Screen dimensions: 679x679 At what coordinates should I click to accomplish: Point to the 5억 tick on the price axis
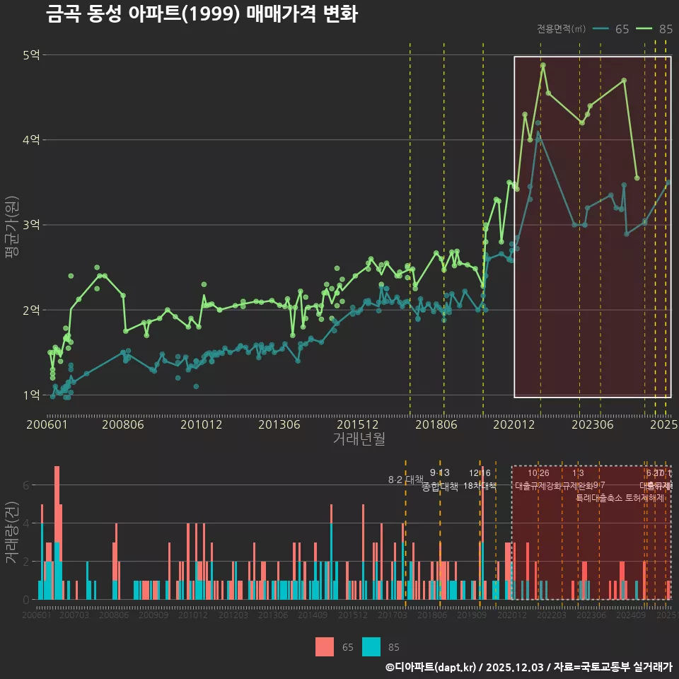tap(31, 55)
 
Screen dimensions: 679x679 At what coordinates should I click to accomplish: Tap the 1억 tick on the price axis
tap(31, 395)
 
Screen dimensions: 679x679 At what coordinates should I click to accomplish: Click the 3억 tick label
tap(31, 225)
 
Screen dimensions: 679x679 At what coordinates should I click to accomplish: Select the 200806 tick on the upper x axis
tap(122, 424)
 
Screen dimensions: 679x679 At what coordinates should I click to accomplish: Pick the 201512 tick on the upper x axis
tap(356, 424)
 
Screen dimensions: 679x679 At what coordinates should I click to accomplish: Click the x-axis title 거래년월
tap(359, 439)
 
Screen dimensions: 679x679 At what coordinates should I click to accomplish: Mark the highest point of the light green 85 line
tap(543, 65)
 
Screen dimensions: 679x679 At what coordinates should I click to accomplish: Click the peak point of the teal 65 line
tap(538, 132)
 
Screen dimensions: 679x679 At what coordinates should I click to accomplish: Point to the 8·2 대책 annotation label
tap(405, 480)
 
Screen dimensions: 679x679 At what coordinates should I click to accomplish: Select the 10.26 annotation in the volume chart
tap(538, 473)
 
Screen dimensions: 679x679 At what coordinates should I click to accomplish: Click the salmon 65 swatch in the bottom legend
tap(324, 646)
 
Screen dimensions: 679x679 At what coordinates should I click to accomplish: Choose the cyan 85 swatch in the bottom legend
tap(371, 646)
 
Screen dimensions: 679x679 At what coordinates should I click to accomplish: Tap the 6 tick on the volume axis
tap(25, 485)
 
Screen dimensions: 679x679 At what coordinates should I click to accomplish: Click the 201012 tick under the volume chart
tap(192, 615)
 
